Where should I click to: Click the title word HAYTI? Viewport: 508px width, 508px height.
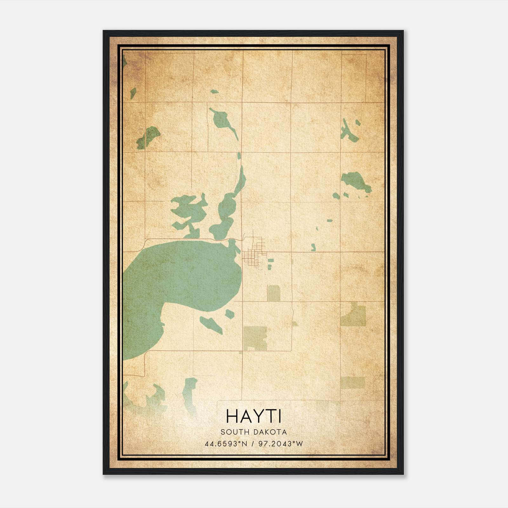[x=254, y=416]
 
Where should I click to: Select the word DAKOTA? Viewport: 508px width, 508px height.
[x=271, y=432]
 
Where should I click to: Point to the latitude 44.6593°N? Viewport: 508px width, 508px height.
[x=226, y=444]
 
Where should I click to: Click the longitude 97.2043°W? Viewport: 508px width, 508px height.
[x=281, y=444]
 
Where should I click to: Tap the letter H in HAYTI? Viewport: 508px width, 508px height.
[x=232, y=416]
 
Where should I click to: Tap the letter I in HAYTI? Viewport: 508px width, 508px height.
[x=280, y=416]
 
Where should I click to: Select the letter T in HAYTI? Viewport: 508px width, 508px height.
[x=270, y=416]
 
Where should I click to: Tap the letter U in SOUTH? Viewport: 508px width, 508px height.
[x=235, y=432]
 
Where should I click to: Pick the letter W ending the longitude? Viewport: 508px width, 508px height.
[x=299, y=444]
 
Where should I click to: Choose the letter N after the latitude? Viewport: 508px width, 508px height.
[x=244, y=444]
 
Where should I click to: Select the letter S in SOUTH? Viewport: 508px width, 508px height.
[x=223, y=432]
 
